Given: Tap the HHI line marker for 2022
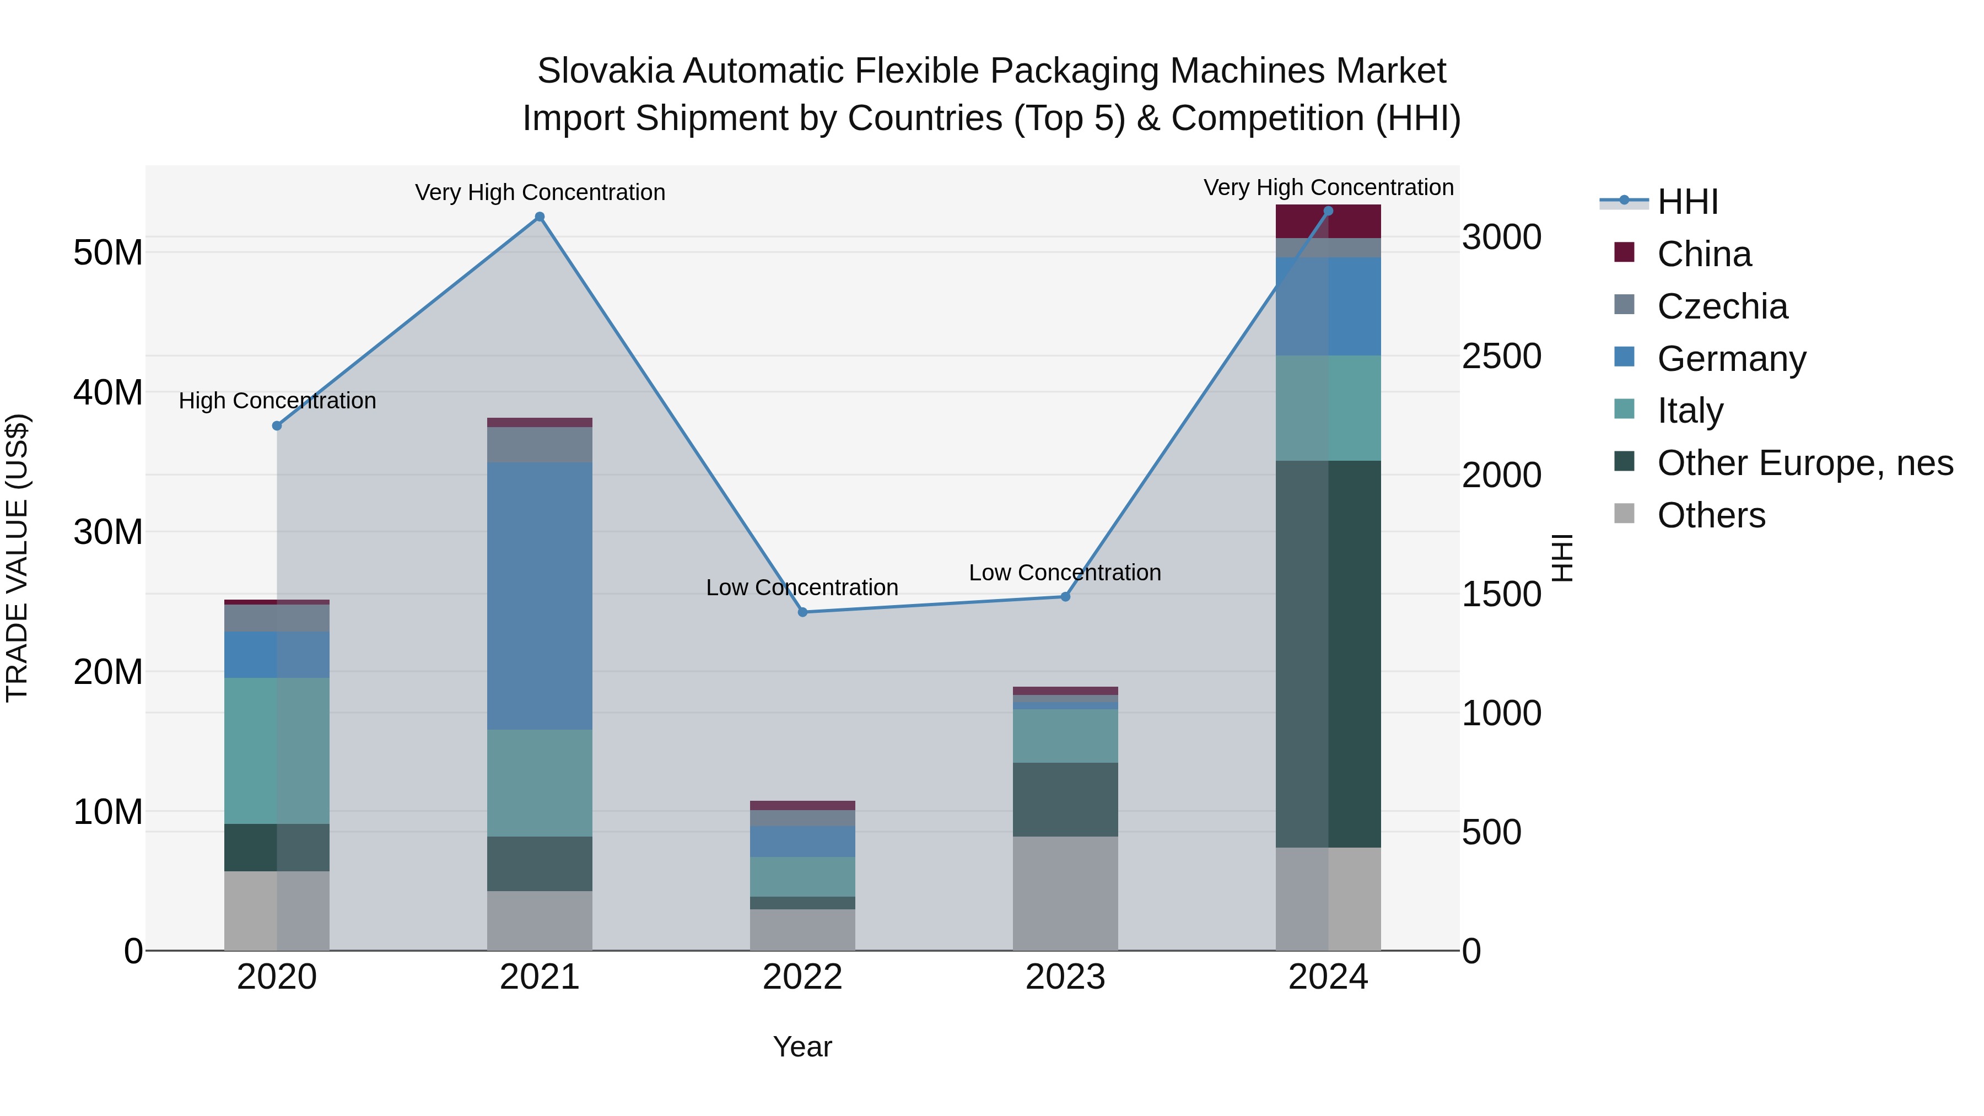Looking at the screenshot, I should (x=802, y=612).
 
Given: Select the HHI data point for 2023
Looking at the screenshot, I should (x=1065, y=597).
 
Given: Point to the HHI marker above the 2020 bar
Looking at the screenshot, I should (x=277, y=426).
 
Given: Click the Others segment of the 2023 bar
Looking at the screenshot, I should (x=1065, y=893).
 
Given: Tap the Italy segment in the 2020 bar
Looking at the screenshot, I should (x=277, y=751).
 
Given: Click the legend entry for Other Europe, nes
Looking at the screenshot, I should (x=1804, y=463).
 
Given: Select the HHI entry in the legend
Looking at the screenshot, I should (x=1687, y=202).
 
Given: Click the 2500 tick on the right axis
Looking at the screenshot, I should (x=1501, y=356).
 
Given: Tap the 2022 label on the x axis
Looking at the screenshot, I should (x=802, y=977).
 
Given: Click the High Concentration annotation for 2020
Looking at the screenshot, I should (x=277, y=401).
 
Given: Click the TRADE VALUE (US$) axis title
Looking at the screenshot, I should (x=17, y=558).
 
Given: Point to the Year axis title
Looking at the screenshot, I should (x=802, y=1047).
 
